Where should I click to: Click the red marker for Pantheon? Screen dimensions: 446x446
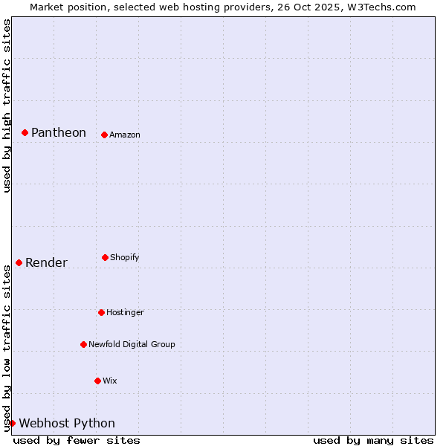25,132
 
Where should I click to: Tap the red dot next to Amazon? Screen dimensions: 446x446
104,135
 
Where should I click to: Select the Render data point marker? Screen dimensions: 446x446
19,262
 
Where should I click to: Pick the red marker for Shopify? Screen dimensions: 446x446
105,257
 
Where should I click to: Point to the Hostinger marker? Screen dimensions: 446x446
101,312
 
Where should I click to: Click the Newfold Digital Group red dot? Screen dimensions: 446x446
83,344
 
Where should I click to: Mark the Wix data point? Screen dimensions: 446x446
97,381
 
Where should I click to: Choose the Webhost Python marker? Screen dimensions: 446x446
12,423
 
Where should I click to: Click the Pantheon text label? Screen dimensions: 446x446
59,132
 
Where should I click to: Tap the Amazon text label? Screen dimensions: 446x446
125,135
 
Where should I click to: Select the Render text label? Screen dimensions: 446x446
46,262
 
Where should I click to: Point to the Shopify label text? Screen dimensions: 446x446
125,257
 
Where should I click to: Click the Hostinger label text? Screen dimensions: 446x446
125,312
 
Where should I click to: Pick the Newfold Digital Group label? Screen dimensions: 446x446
132,344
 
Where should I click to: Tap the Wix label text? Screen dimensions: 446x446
110,381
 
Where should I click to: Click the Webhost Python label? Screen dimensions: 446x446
67,423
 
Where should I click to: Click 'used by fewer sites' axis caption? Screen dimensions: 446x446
77,440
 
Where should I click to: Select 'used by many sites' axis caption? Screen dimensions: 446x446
373,440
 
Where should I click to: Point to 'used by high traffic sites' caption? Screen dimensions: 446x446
7,106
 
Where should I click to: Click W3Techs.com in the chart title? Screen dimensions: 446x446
379,7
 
